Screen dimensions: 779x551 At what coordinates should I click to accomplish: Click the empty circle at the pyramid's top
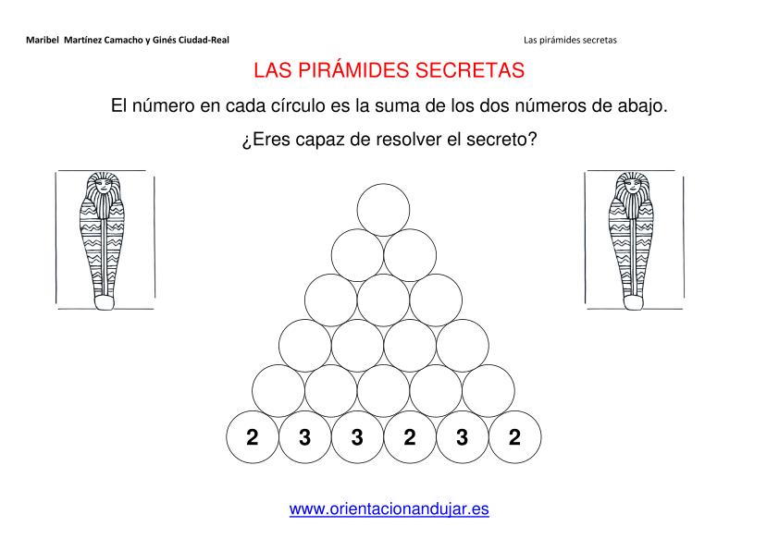point(383,210)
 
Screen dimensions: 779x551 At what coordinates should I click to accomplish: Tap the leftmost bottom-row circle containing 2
point(253,437)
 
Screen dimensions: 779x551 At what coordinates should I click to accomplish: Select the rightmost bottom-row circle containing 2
point(514,437)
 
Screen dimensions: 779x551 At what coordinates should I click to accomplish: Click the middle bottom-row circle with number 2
point(410,437)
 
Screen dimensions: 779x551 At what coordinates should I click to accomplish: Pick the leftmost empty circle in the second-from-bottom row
point(278,391)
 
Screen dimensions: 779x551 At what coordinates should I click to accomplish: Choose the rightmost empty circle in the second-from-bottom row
point(488,391)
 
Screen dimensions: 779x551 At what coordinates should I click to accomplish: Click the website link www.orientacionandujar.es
point(389,508)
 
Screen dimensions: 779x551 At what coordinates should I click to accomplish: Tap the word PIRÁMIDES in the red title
point(354,70)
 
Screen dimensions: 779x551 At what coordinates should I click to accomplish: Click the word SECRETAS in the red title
point(470,70)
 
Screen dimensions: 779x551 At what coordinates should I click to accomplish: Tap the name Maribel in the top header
point(43,40)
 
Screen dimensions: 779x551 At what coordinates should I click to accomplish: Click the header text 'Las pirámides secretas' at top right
point(570,40)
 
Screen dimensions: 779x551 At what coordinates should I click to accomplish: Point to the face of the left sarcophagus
point(104,187)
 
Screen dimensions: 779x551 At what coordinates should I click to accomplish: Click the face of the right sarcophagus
point(633,187)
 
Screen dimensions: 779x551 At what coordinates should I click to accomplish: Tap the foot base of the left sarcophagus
point(105,302)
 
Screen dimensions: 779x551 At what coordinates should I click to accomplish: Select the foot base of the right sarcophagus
point(634,302)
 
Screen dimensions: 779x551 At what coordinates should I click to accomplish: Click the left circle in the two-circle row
point(357,255)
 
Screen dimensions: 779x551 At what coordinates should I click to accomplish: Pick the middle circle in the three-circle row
point(383,300)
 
